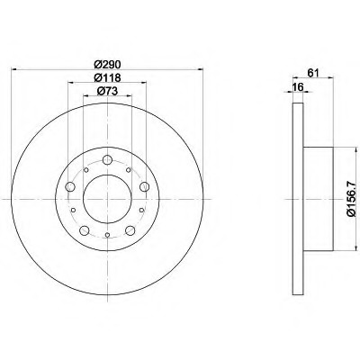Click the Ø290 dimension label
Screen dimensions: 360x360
pos(107,65)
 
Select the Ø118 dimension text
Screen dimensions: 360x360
pos(107,77)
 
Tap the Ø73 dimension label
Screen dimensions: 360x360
pos(107,91)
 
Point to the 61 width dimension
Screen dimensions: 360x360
pos(312,72)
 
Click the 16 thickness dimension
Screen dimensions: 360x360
pos(298,87)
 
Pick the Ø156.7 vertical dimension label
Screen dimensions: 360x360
pos(351,199)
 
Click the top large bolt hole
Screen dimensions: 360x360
pos(107,160)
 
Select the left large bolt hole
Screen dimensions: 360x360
pos(70,187)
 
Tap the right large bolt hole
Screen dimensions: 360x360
pos(145,187)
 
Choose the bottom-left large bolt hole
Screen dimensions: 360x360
pos(85,230)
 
